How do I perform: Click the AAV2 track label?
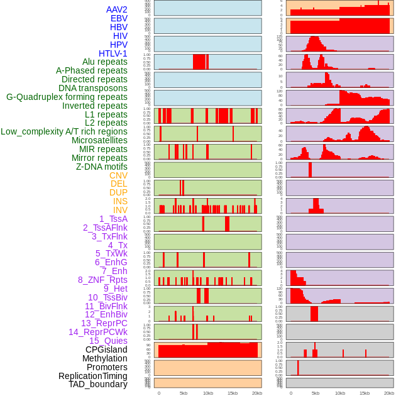point(116,9)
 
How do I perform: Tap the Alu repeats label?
point(104,62)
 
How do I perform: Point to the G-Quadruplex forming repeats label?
point(67,97)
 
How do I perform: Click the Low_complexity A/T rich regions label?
point(64,131)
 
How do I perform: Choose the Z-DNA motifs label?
point(101,167)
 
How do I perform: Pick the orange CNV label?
point(118,175)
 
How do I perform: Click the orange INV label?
point(120,210)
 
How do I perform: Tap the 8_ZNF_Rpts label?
point(102,280)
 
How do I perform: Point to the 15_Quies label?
point(108,341)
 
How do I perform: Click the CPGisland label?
point(106,349)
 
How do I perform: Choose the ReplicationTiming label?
point(92,376)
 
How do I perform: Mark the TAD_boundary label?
point(97,384)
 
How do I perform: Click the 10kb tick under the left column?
point(208,393)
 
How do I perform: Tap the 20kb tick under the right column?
point(389,393)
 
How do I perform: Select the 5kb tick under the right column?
point(316,393)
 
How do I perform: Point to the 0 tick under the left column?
point(158,393)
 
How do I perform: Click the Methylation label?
point(104,358)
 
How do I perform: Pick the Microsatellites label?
point(99,140)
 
